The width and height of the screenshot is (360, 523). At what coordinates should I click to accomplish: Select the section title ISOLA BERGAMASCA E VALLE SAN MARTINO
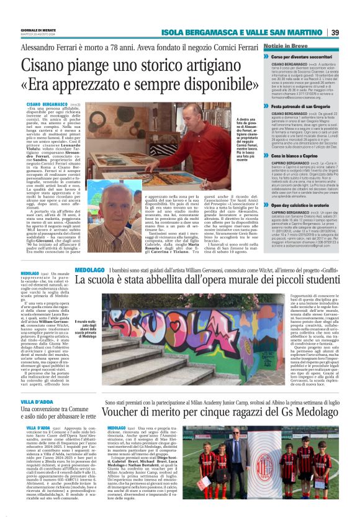(255, 32)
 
